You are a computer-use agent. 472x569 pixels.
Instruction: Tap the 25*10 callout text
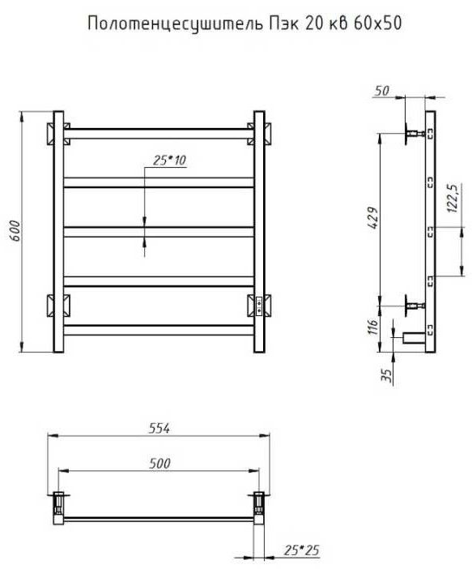(x=169, y=160)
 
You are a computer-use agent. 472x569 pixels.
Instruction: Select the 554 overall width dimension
(x=159, y=429)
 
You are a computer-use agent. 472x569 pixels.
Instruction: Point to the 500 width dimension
(x=159, y=464)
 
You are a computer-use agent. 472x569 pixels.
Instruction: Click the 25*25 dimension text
(x=302, y=550)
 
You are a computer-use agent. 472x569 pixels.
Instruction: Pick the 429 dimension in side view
(x=372, y=218)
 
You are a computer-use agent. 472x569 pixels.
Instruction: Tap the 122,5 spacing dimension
(x=453, y=198)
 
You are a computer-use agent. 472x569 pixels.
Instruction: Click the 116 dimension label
(x=373, y=327)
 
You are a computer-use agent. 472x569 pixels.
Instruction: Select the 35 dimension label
(x=387, y=375)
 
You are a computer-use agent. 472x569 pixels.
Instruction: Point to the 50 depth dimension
(x=382, y=91)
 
